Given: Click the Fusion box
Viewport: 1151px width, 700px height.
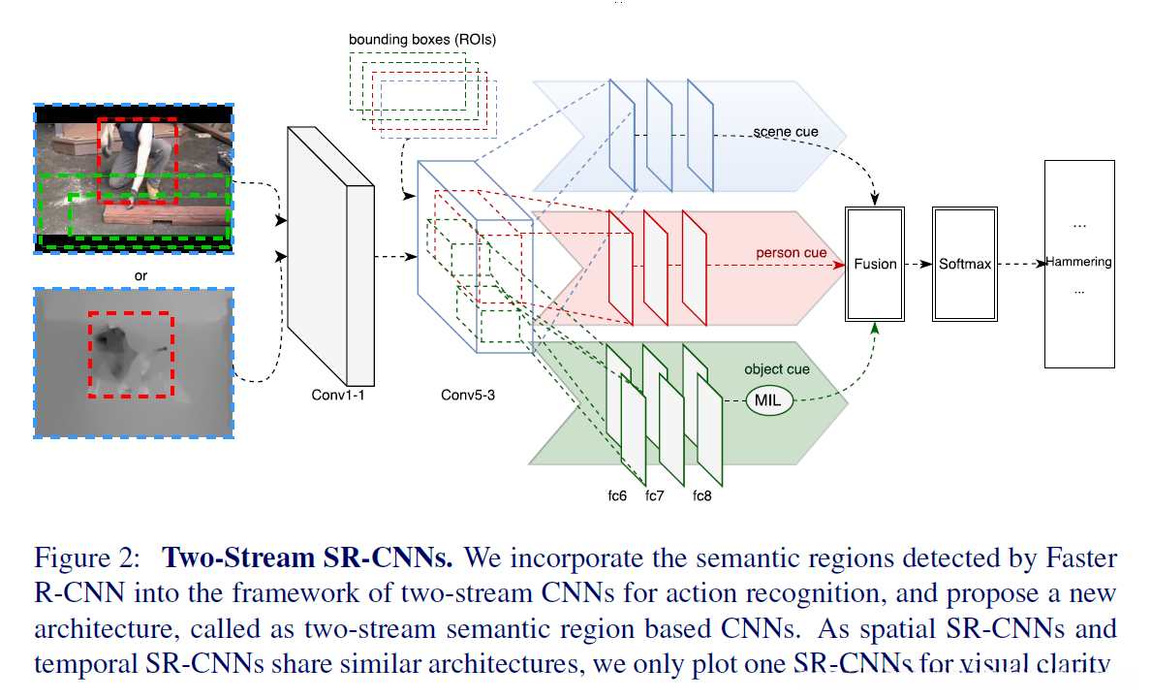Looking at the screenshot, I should pyautogui.click(x=875, y=264).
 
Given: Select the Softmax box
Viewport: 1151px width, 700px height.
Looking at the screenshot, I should pyautogui.click(x=965, y=264).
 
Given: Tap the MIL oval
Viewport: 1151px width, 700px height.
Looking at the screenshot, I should pyautogui.click(x=768, y=399).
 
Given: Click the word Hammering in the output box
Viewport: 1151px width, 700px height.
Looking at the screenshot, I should pyautogui.click(x=1078, y=262).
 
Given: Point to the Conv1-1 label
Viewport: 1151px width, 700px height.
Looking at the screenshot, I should pyautogui.click(x=336, y=395).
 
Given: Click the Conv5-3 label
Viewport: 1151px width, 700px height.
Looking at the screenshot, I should pyautogui.click(x=467, y=395).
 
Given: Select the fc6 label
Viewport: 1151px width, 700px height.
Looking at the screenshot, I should pyautogui.click(x=617, y=495).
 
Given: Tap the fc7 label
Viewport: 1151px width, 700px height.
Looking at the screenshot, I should pyautogui.click(x=655, y=495).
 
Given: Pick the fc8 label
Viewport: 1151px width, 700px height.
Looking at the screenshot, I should pyautogui.click(x=703, y=495).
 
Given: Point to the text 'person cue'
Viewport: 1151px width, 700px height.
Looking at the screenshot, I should pyautogui.click(x=792, y=253).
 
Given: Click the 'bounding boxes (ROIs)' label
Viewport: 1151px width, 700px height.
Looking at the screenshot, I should pyautogui.click(x=421, y=40).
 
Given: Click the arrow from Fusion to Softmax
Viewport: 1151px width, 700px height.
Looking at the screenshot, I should pyautogui.click(x=916, y=264).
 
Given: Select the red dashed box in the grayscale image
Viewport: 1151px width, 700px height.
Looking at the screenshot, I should pyautogui.click(x=131, y=355).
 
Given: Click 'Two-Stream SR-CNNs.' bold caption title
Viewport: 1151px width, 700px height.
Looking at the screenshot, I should pyautogui.click(x=308, y=558).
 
